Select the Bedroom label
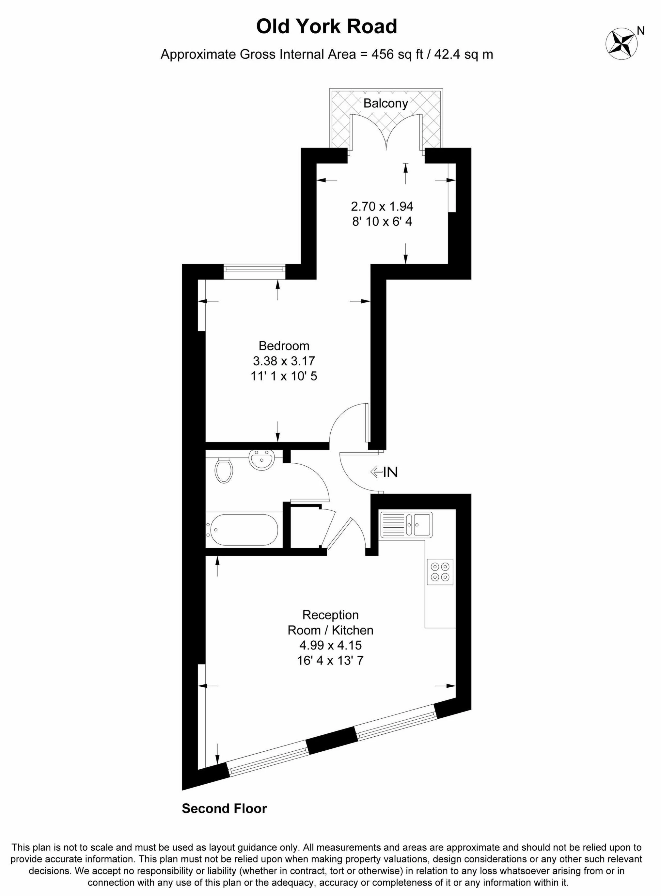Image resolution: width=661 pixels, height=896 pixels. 284,345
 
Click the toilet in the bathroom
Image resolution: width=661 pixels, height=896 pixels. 224,471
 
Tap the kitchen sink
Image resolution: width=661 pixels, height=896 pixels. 406,524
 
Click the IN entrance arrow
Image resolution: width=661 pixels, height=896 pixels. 384,472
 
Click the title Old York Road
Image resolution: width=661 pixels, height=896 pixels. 326,26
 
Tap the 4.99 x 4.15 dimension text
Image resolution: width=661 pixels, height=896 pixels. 330,645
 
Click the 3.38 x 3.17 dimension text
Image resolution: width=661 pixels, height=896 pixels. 284,361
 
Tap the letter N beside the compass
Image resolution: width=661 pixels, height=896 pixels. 640,31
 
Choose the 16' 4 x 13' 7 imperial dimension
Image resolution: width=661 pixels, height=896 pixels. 330,660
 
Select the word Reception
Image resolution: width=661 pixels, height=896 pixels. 330,615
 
